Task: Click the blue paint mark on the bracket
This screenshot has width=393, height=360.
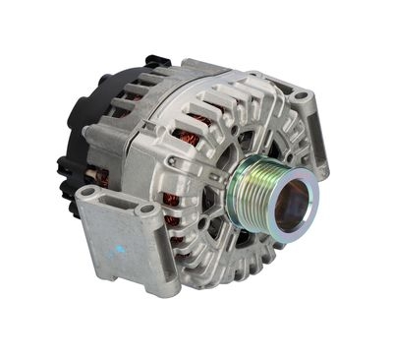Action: click(x=121, y=249)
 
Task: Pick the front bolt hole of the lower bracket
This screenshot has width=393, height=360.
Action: click(x=148, y=210)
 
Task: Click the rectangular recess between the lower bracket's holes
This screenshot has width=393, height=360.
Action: click(x=117, y=202)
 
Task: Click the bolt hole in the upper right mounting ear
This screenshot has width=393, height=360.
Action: click(x=301, y=97)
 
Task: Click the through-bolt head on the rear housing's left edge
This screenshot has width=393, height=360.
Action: click(x=89, y=130)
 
